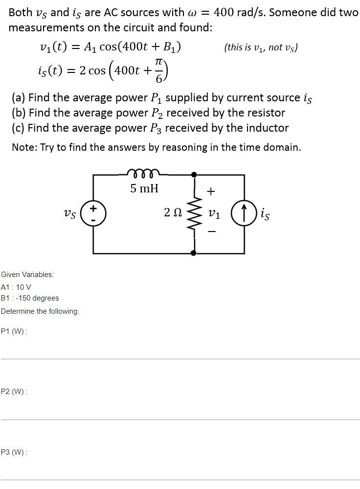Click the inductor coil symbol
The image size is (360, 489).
pyautogui.click(x=143, y=172)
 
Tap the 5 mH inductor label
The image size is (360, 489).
pyautogui.click(x=144, y=188)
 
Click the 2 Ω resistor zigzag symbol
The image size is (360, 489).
pyautogui.click(x=194, y=213)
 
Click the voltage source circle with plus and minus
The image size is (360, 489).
pyautogui.click(x=93, y=214)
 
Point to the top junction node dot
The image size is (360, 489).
pyautogui.click(x=194, y=174)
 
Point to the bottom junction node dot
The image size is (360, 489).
pyautogui.click(x=194, y=253)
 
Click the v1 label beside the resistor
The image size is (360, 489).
pyautogui.click(x=214, y=213)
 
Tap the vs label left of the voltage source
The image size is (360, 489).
pyautogui.click(x=70, y=213)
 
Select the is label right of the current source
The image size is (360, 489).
pyautogui.click(x=265, y=214)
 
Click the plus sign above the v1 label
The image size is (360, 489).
pyautogui.click(x=211, y=191)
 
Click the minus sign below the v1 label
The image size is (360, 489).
pyautogui.click(x=211, y=232)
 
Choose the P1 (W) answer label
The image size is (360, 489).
pyautogui.click(x=14, y=331)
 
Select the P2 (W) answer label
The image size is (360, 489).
pyautogui.click(x=14, y=392)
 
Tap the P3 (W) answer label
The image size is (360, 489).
pyautogui.click(x=14, y=452)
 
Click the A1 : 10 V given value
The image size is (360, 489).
pyautogui.click(x=16, y=287)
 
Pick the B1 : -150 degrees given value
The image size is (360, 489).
pyautogui.click(x=30, y=298)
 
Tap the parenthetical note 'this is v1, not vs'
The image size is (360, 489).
pyautogui.click(x=261, y=47)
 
